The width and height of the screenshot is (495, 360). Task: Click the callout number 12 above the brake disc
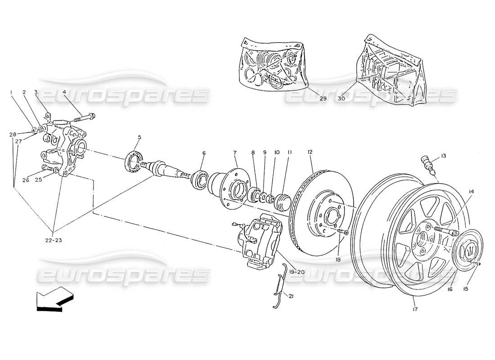click(310, 153)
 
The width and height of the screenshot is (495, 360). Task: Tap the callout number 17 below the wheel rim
click(414, 310)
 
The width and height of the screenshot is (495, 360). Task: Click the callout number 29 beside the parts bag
click(310, 98)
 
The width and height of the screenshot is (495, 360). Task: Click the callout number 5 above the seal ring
click(139, 137)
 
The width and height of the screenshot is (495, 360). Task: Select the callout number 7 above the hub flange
click(235, 153)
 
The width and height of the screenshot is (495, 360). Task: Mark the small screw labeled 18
click(343, 231)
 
